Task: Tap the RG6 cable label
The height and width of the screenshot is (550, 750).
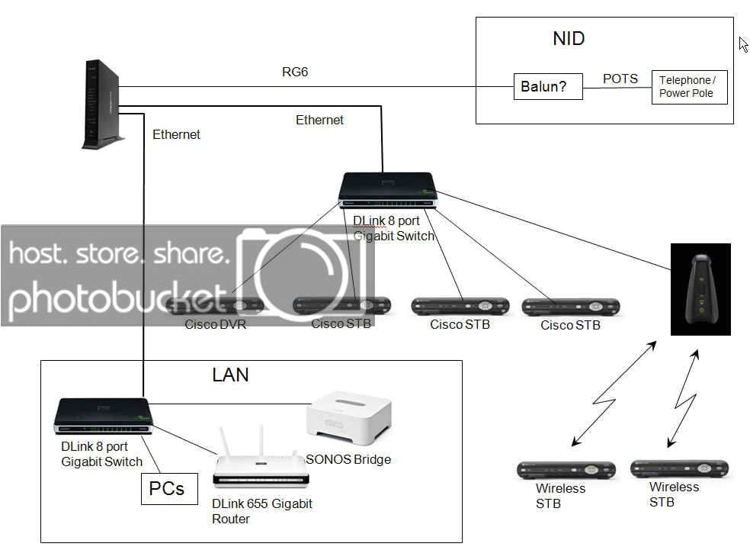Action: (x=294, y=72)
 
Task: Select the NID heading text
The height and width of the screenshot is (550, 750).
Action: (x=569, y=39)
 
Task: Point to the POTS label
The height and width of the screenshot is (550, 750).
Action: (x=620, y=79)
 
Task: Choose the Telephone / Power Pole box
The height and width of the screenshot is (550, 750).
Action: (x=689, y=87)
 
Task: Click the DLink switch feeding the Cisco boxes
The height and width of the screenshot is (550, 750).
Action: (x=388, y=191)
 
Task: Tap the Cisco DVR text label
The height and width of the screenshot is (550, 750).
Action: (x=216, y=324)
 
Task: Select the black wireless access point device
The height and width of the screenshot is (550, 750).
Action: (x=700, y=289)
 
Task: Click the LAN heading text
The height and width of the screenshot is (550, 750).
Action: (x=230, y=375)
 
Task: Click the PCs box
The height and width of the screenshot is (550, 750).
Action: (x=167, y=488)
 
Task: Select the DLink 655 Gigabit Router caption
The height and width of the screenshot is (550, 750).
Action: (x=261, y=511)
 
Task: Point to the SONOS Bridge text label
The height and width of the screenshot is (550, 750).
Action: (x=348, y=459)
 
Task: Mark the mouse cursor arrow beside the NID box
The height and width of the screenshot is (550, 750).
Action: (x=743, y=44)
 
